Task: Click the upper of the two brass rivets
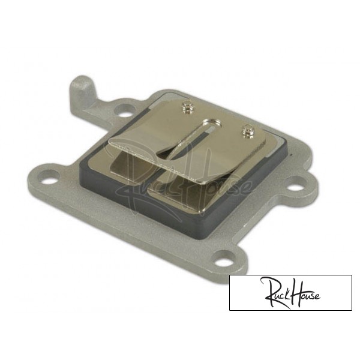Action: pyautogui.click(x=188, y=108)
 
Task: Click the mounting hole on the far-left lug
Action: pyautogui.click(x=49, y=177)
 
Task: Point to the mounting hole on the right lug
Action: pyautogui.click(x=296, y=188)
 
